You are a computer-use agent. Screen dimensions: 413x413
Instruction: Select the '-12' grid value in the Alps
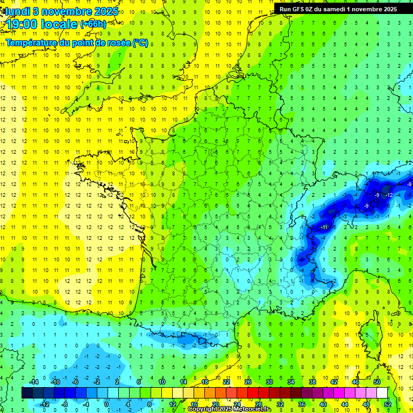(x=389, y=195)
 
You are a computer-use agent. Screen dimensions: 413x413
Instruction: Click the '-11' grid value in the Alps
(x=324, y=227)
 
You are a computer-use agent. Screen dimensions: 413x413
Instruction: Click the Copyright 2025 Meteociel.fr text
(x=230, y=409)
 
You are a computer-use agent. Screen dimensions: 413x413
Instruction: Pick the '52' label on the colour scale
(x=388, y=404)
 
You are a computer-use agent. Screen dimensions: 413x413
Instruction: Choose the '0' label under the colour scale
(x=106, y=404)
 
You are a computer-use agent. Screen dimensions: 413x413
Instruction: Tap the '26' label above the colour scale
(x=248, y=382)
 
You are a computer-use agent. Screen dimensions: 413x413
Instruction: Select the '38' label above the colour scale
(x=312, y=382)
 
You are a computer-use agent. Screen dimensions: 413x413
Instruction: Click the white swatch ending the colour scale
(x=382, y=393)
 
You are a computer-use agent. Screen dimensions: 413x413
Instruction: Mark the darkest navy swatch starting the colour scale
(x=27, y=393)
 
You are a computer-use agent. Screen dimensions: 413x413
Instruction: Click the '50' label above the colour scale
(x=377, y=382)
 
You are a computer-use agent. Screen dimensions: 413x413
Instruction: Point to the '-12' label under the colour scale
(x=45, y=404)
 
